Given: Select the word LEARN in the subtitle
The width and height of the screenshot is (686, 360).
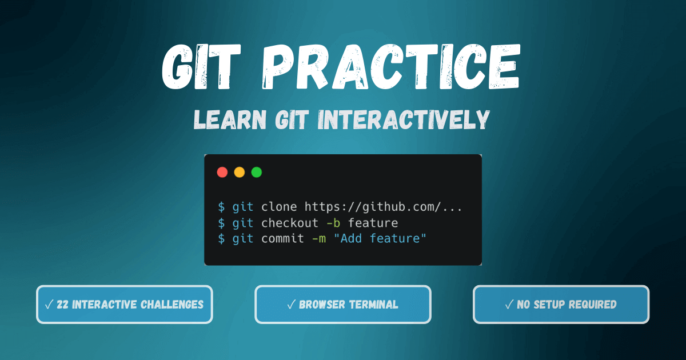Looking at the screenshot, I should pos(226,119).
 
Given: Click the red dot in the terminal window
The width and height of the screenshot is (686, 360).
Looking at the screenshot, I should pos(222,172).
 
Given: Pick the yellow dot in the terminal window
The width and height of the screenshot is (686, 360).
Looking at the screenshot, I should pos(240,172).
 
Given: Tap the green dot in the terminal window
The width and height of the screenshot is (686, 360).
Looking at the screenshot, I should pos(257,172).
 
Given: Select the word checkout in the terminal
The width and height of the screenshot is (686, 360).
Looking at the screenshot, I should pos(290,223).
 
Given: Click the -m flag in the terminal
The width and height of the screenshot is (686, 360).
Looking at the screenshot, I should pos(319,239).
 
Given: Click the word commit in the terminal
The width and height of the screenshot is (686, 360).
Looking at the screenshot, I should pos(283,239).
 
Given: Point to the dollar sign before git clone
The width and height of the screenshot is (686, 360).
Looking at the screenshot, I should pos(221,207).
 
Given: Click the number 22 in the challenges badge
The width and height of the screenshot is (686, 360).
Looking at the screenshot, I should pos(63,305).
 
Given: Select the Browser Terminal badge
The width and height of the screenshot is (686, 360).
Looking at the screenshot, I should pos(343,305).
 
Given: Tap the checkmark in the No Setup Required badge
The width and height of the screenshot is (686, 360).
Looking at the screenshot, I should pos(509,305).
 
